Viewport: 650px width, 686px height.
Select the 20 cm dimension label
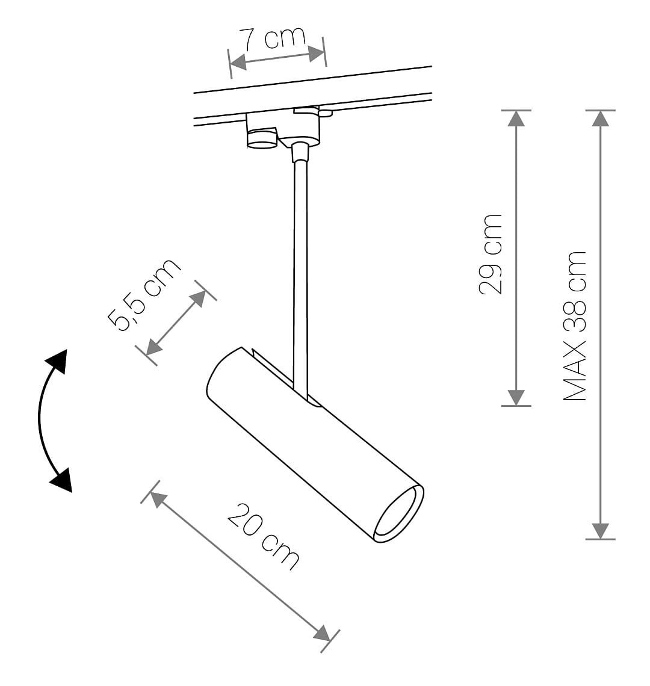(x=263, y=536)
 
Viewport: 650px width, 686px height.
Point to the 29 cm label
(x=491, y=254)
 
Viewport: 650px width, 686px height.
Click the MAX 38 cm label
(x=574, y=326)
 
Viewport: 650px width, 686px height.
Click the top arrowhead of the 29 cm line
(x=516, y=119)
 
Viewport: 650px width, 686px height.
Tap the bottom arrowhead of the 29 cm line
(x=516, y=398)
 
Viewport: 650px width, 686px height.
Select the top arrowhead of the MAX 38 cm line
(x=601, y=119)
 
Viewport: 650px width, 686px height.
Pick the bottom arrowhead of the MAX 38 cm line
(x=601, y=531)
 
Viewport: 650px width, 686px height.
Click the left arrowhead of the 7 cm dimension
(x=238, y=63)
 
